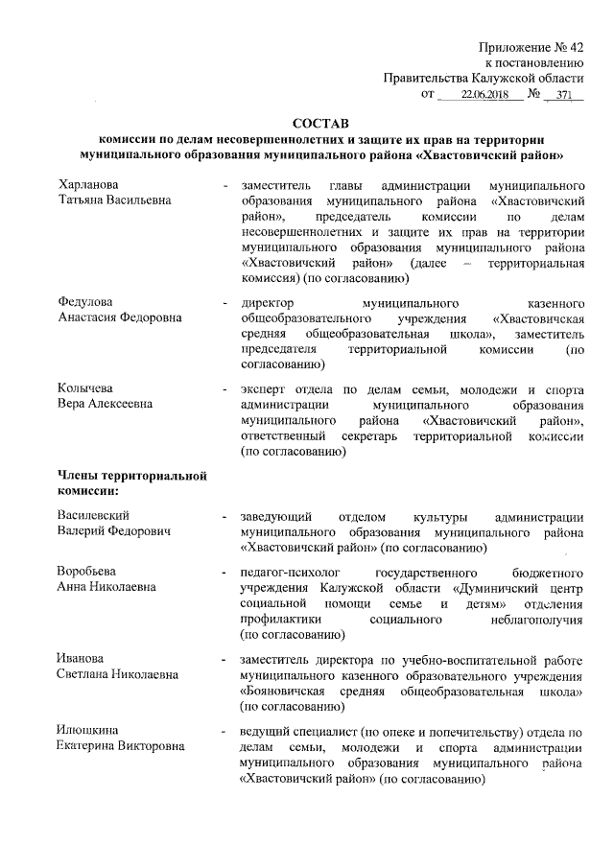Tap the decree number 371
pyautogui.click(x=562, y=95)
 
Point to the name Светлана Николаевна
pyautogui.click(x=118, y=674)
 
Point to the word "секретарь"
pyautogui.click(x=367, y=435)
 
